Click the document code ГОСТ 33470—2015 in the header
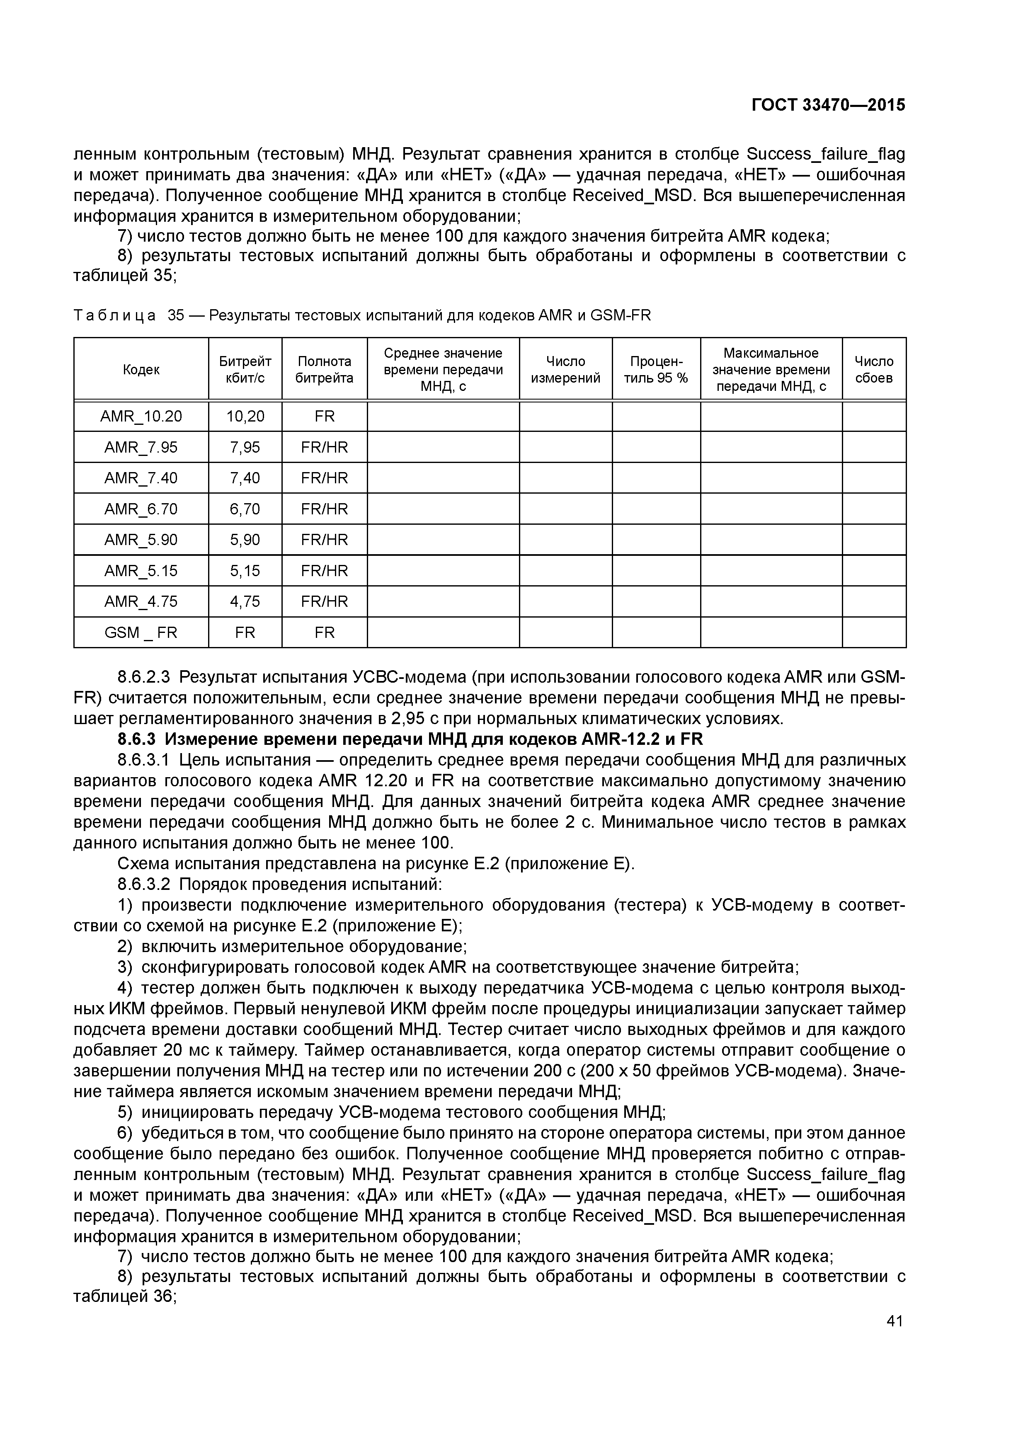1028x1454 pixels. pyautogui.click(x=828, y=105)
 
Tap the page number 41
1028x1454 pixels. pyautogui.click(x=895, y=1321)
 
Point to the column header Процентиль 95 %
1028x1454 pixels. pyautogui.click(x=656, y=369)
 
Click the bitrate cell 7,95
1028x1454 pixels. pyautogui.click(x=245, y=447)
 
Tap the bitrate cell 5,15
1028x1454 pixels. pyautogui.click(x=245, y=571)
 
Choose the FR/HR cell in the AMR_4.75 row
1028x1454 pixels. pyautogui.click(x=324, y=601)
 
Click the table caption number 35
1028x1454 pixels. pyautogui.click(x=175, y=315)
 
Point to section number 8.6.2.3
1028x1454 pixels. pyautogui.click(x=144, y=678)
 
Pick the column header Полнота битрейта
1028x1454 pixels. pyautogui.click(x=324, y=369)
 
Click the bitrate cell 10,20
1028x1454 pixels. pyautogui.click(x=245, y=416)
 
